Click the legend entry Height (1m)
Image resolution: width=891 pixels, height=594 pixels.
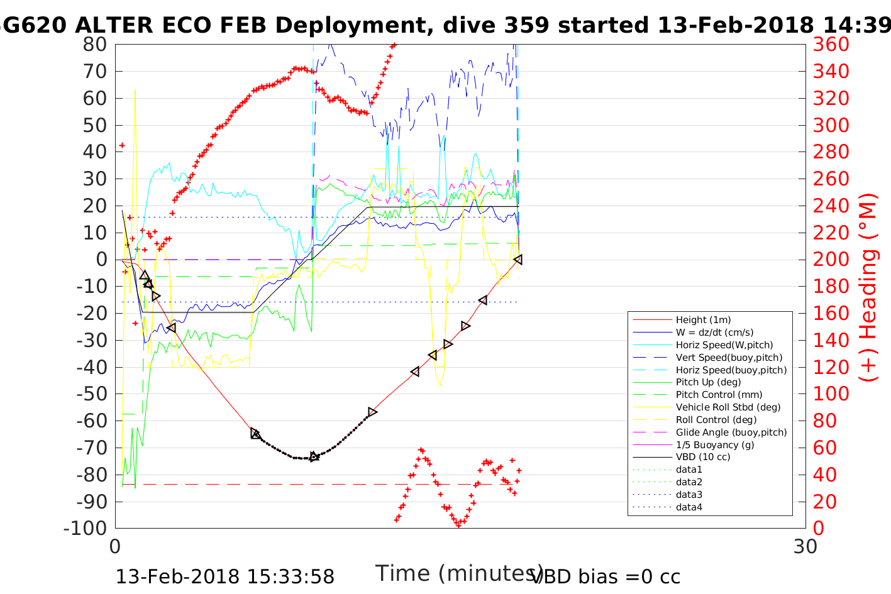[x=703, y=320]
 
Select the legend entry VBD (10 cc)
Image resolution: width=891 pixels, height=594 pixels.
[x=703, y=457]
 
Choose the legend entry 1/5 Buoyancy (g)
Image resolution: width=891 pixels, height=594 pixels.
[x=715, y=444]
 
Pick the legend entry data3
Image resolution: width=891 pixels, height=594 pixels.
[x=689, y=495]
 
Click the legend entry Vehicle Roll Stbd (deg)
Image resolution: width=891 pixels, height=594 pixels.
[x=728, y=407]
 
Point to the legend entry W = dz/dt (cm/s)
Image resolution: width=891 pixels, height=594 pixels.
[x=714, y=333]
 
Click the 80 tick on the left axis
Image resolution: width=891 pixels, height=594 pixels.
[x=95, y=45]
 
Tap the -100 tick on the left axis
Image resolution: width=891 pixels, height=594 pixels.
[x=86, y=528]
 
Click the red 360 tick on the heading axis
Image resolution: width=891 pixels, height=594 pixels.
[x=831, y=45]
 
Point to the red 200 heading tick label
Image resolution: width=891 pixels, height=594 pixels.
[x=831, y=260]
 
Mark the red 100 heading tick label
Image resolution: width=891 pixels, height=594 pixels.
[x=831, y=394]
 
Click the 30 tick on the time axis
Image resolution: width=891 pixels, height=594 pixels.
[x=805, y=546]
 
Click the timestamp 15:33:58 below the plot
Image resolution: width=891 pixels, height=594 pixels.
[x=291, y=577]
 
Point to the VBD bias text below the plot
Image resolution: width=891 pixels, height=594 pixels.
[x=606, y=577]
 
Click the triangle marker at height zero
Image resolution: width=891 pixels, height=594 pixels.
[x=517, y=260]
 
